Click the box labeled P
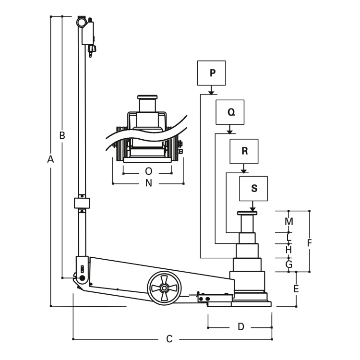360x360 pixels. coord(212,73)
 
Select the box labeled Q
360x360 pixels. coord(230,112)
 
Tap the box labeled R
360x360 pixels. coord(244,151)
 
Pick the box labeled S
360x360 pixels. coord(253,189)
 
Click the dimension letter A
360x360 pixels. coord(50,159)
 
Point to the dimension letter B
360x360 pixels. coord(62,135)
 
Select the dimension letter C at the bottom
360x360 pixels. coord(169,339)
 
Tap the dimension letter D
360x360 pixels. coord(240,326)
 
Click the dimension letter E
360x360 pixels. coord(296,288)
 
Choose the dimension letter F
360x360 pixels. coord(310,243)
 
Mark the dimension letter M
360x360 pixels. coord(289,222)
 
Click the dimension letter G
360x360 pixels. coord(289,264)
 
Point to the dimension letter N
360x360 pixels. coord(148,183)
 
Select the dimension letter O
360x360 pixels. coord(148,171)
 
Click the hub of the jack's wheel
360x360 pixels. coord(164,288)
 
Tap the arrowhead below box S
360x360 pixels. coord(252,209)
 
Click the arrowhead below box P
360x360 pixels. coord(211,93)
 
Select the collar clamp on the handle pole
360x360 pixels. coord(82,203)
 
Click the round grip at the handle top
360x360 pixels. coord(81,23)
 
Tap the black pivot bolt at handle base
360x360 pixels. coord(82,278)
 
